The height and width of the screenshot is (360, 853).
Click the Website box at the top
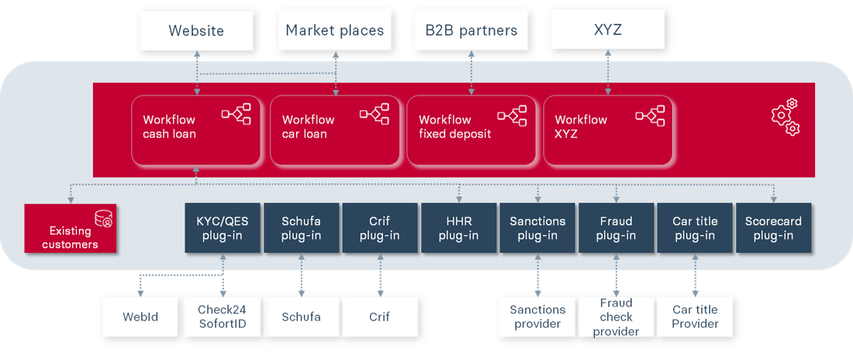point(196,31)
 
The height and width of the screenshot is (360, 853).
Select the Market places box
point(334,31)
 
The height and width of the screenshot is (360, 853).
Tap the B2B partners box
point(471,31)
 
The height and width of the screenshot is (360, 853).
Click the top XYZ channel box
point(607,31)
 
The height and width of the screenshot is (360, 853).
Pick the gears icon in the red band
point(785,116)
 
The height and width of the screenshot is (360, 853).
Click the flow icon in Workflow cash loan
point(237,115)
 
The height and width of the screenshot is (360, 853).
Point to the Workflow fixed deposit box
point(471,130)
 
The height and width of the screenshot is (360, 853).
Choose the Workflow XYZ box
point(607,130)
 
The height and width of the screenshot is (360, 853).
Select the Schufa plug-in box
point(301,228)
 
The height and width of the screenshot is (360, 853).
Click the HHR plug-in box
point(458,228)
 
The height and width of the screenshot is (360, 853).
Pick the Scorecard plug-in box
point(773,228)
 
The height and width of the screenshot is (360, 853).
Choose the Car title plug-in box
point(694,228)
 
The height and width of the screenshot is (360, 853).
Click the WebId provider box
point(140,317)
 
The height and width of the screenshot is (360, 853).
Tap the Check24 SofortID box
point(222,317)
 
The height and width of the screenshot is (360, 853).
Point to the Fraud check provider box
point(616,317)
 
